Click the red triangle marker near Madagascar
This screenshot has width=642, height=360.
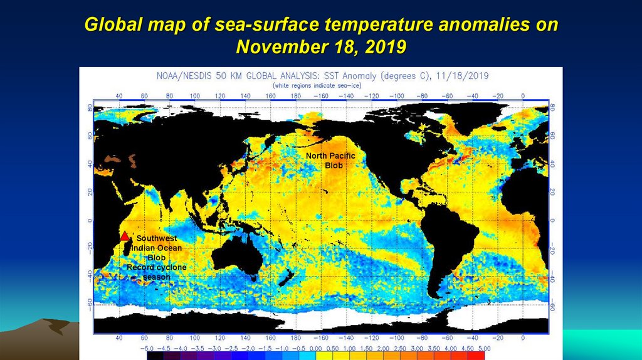125,236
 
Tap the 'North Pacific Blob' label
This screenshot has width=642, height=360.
330,160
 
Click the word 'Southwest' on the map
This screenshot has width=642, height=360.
157,238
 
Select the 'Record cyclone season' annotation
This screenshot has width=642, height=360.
157,272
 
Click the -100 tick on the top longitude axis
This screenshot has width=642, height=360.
397,95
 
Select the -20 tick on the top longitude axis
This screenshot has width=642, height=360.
498,95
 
